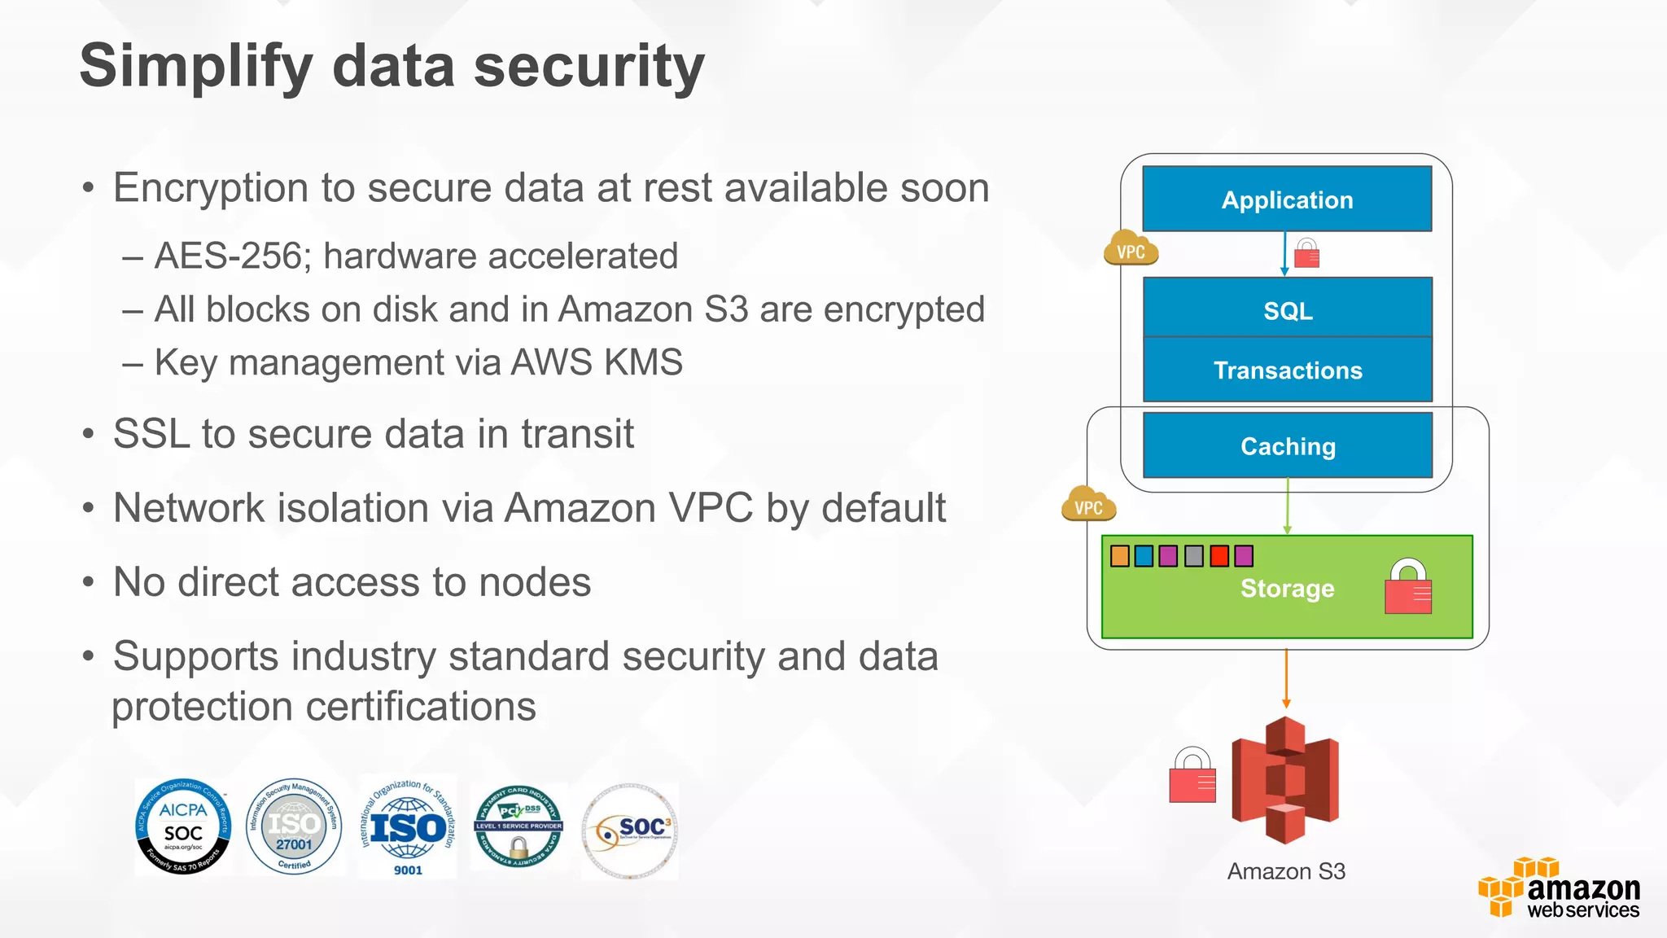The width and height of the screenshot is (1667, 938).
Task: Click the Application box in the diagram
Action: [x=1287, y=199]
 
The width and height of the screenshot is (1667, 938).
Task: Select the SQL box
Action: [x=1287, y=309]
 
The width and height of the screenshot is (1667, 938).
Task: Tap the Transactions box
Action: [x=1287, y=370]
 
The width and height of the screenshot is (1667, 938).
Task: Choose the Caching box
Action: [x=1287, y=446]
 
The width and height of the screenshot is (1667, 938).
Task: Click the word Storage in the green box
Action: [x=1287, y=588]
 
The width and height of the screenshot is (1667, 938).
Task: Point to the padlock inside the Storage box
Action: [x=1407, y=587]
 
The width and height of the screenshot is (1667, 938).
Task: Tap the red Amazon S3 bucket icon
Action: [x=1285, y=780]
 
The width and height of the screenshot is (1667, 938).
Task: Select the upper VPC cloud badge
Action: [x=1131, y=249]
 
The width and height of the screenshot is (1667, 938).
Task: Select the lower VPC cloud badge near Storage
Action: [x=1088, y=506]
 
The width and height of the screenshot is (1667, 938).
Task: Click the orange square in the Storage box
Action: [x=1120, y=556]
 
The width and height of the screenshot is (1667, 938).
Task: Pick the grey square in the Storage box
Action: [x=1193, y=556]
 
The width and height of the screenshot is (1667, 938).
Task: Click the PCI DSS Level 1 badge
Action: [x=518, y=827]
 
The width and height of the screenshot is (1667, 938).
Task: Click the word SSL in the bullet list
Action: [x=151, y=434]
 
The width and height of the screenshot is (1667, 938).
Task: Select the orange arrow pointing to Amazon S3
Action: [x=1286, y=680]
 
